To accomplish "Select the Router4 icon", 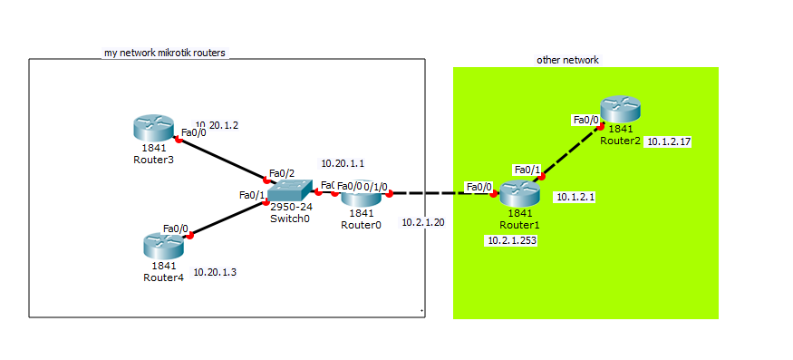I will [164, 245].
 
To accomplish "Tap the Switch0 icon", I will [290, 190].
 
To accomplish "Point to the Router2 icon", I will [619, 111].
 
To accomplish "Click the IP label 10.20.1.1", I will [343, 164].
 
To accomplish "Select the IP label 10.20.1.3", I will [216, 271].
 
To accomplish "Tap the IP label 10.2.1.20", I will [423, 222].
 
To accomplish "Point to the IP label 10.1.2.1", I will [575, 197].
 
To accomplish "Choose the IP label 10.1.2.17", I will [669, 141].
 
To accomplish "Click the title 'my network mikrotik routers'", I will [165, 54].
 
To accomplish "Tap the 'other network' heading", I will [567, 60].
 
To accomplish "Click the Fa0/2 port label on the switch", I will [282, 173].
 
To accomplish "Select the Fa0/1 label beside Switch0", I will [252, 195].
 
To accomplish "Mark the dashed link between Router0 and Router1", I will [440, 193].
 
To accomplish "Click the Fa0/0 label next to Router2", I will [585, 119].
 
